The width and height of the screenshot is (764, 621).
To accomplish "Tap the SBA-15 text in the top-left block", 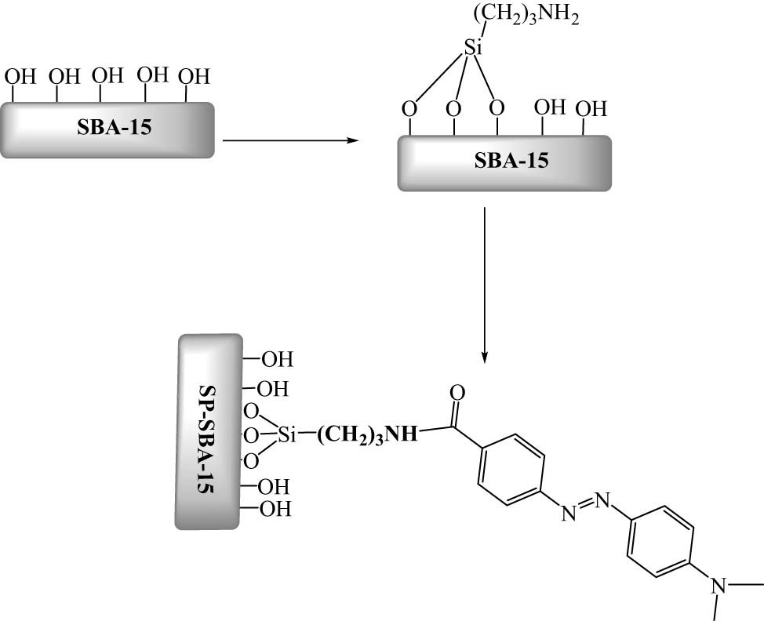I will [107, 129].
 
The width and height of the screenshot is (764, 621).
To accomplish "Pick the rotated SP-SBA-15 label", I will [208, 431].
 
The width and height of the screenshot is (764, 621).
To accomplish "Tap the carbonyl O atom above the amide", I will [458, 391].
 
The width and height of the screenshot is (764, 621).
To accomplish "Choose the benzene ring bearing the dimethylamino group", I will [660, 541].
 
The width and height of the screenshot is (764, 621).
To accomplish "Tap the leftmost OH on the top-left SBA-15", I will [20, 77].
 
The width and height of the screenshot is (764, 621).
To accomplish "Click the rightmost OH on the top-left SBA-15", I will [194, 77].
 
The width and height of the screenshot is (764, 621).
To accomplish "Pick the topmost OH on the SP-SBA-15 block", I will [276, 360].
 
